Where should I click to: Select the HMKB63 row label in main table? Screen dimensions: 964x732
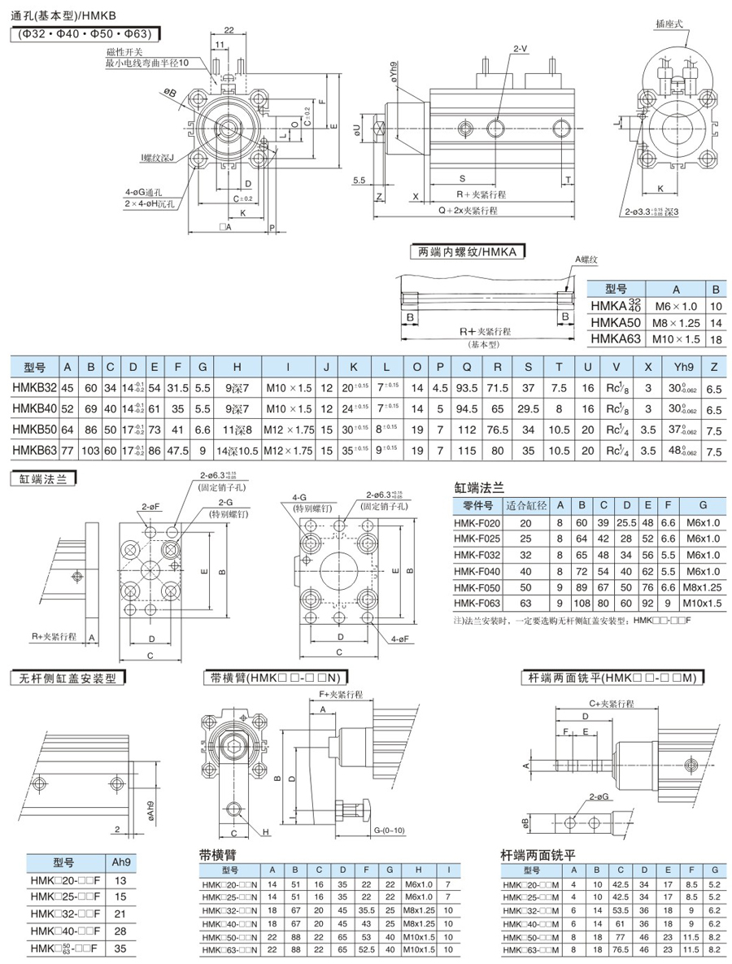point(33,450)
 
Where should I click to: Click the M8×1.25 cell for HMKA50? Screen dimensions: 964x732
point(675,323)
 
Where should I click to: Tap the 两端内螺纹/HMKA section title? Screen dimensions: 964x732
point(467,252)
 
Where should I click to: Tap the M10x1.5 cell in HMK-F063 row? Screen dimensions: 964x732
point(703,603)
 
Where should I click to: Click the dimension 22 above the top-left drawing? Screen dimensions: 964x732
point(229,30)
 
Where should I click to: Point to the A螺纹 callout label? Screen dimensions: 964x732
point(586,259)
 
